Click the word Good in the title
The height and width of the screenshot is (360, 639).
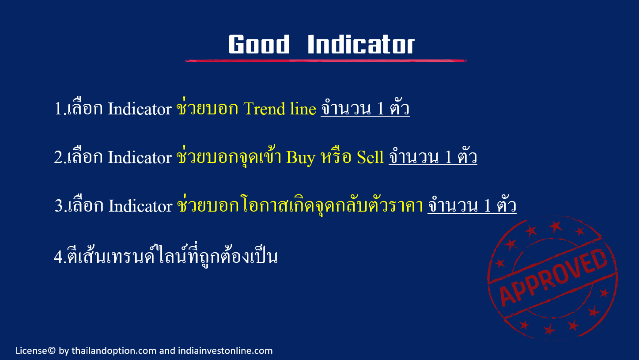click(x=259, y=44)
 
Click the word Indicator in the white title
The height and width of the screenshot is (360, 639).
click(x=361, y=44)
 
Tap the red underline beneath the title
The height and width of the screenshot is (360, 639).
click(x=325, y=61)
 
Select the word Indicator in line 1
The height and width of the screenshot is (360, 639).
click(x=140, y=109)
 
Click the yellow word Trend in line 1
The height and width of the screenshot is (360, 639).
click(x=264, y=109)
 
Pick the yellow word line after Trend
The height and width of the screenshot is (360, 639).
click(x=303, y=109)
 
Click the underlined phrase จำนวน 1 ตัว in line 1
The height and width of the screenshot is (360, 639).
click(x=365, y=108)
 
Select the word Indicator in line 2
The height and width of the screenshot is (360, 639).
click(x=140, y=157)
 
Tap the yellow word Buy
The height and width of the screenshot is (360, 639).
click(x=301, y=158)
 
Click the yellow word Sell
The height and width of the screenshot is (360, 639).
click(x=370, y=157)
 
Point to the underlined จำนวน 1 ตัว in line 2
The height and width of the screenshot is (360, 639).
click(x=433, y=156)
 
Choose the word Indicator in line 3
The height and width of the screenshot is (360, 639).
click(x=140, y=206)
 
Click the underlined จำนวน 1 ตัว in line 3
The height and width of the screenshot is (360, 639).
click(x=472, y=205)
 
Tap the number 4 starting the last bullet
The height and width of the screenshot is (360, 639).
click(x=58, y=257)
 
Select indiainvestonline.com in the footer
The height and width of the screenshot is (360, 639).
click(x=225, y=351)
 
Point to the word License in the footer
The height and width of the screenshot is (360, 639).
click(x=31, y=351)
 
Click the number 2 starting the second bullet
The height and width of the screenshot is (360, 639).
click(x=58, y=157)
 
